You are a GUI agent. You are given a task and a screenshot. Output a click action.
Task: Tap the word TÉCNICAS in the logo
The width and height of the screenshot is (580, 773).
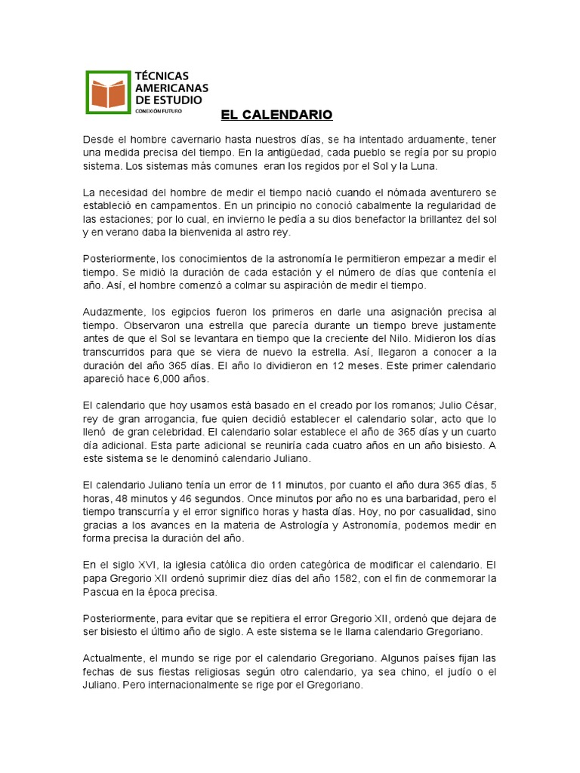tap(162, 75)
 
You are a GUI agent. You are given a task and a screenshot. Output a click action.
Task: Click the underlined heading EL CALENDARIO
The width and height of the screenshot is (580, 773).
tap(276, 115)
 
